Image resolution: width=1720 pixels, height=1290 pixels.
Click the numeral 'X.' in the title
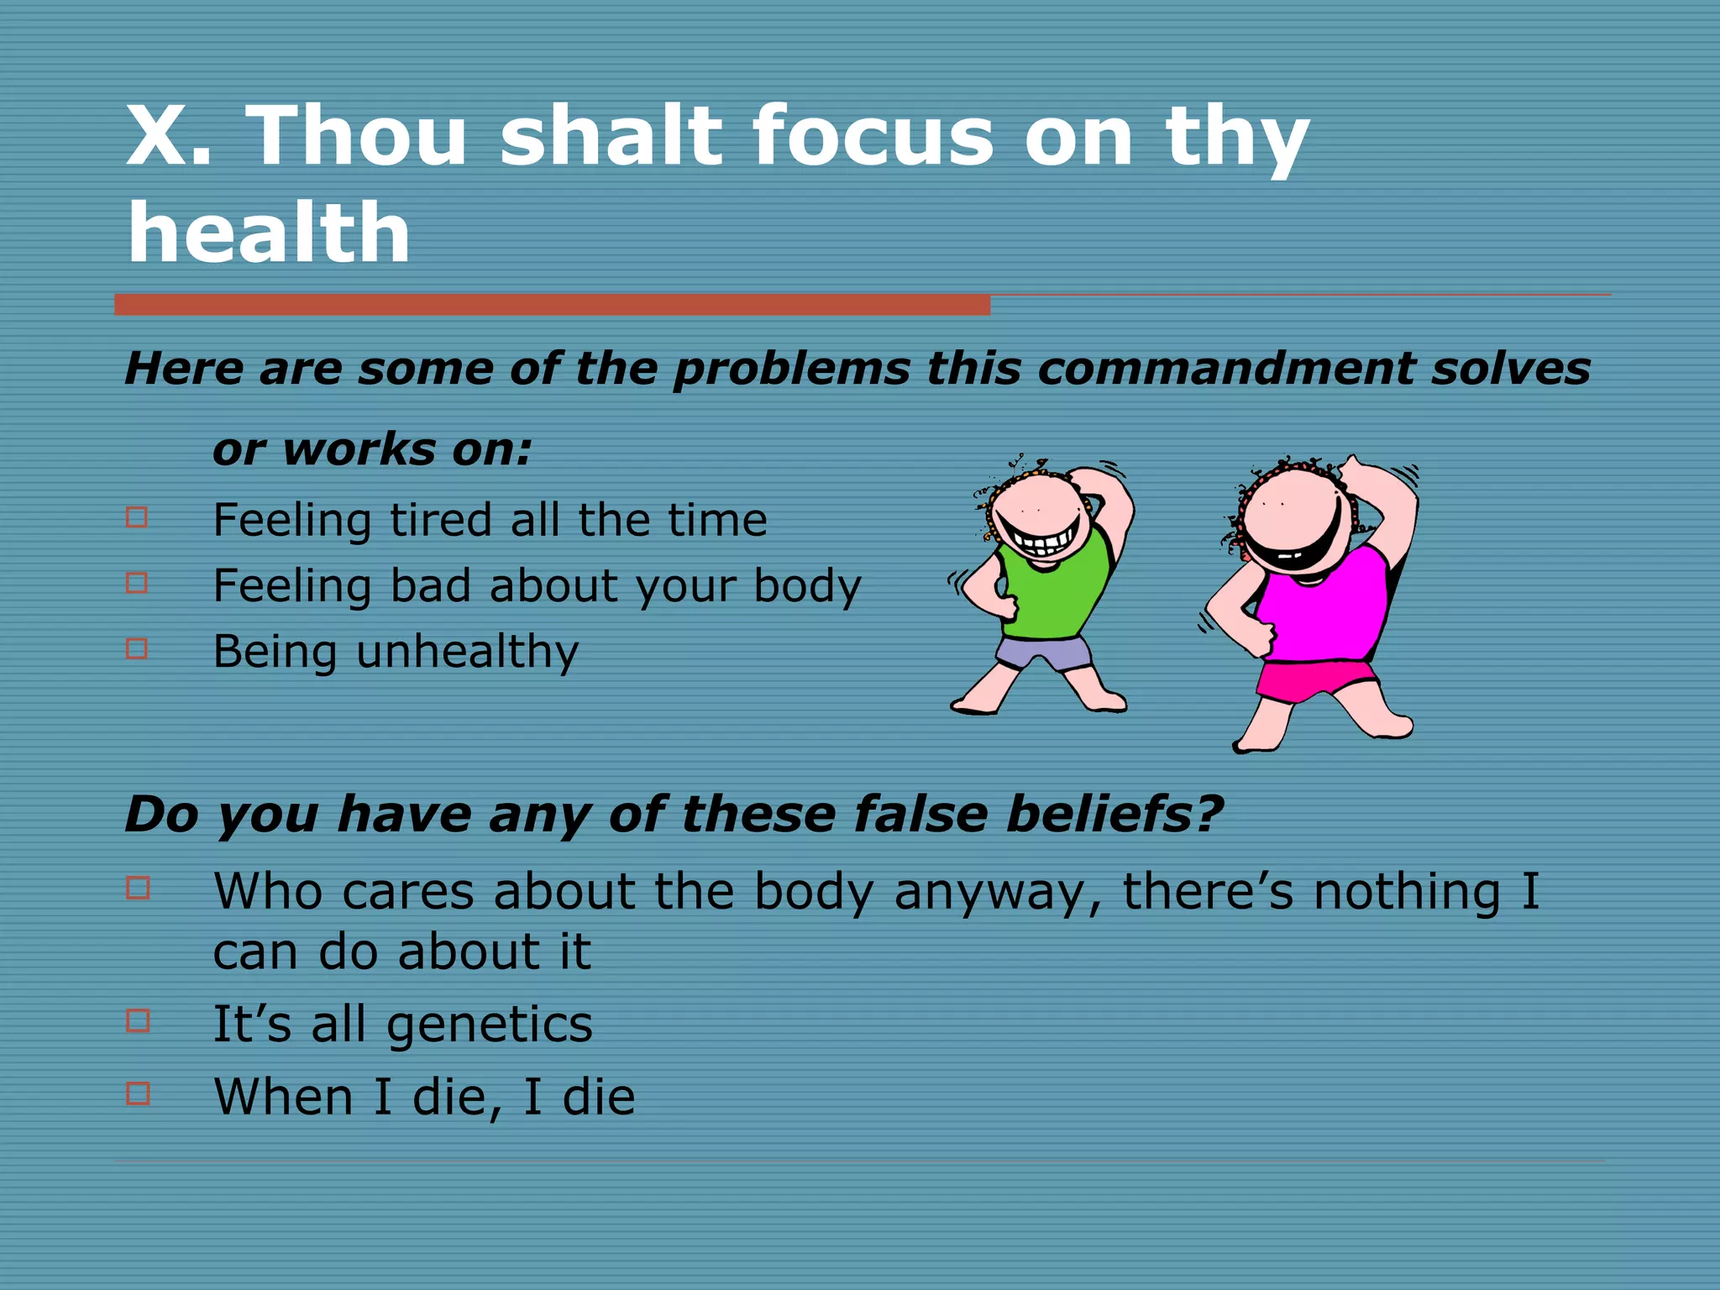(168, 137)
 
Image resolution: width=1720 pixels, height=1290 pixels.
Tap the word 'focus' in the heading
(873, 137)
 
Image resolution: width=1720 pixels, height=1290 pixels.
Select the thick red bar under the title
(552, 304)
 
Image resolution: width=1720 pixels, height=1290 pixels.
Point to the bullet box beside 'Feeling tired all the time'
(137, 517)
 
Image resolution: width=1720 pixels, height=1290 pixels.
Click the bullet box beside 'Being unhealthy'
(137, 648)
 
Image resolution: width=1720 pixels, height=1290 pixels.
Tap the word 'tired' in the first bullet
(440, 520)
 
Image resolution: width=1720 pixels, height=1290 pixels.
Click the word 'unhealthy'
(467, 652)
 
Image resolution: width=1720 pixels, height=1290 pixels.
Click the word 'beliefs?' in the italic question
(1114, 815)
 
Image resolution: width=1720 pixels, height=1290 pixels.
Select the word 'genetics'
(490, 1025)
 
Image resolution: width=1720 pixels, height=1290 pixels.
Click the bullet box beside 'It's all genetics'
(138, 1020)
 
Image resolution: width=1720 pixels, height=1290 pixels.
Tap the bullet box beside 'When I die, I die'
(138, 1093)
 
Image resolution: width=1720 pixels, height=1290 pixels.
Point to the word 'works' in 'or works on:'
(359, 449)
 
